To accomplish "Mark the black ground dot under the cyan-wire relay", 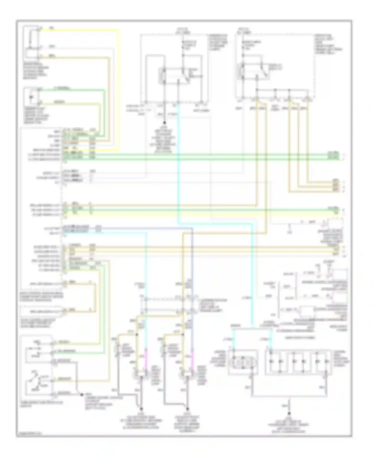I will pyautogui.click(x=164, y=123).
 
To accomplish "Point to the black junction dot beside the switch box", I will pyautogui.click(x=81, y=395).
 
